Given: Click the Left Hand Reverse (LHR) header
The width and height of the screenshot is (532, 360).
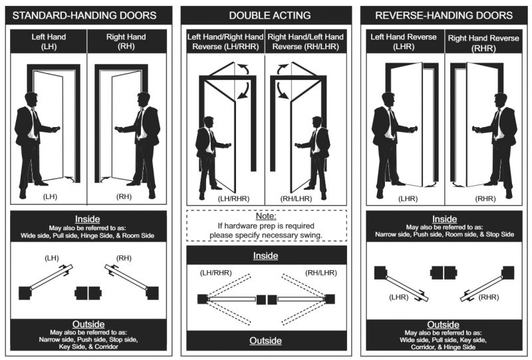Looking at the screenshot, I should (404, 41).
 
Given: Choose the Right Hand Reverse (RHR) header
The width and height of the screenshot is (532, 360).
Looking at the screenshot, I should (483, 43).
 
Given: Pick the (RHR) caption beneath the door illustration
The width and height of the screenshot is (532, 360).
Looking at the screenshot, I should (485, 198).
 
